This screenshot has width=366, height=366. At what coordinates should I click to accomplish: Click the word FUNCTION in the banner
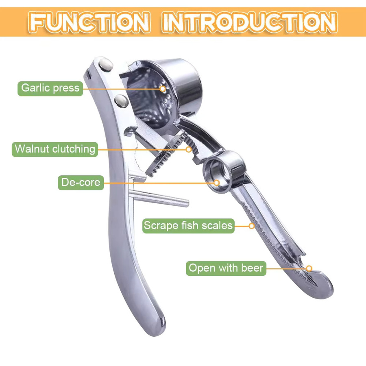pyautogui.click(x=89, y=22)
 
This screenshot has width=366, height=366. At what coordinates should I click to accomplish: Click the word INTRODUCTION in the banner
pyautogui.click(x=250, y=22)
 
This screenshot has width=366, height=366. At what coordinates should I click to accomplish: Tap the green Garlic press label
pyautogui.click(x=50, y=89)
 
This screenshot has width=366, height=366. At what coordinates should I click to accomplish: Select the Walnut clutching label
pyautogui.click(x=55, y=149)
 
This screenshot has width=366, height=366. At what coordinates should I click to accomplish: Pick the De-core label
pyautogui.click(x=81, y=183)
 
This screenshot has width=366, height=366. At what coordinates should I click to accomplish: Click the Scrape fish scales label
pyautogui.click(x=188, y=226)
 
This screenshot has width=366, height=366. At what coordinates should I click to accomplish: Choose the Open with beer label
pyautogui.click(x=226, y=268)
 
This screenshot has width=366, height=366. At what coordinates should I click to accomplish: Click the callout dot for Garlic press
pyautogui.click(x=163, y=89)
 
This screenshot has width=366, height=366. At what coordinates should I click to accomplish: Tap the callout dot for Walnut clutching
pyautogui.click(x=189, y=149)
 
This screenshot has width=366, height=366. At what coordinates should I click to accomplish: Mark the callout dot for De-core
pyautogui.click(x=217, y=183)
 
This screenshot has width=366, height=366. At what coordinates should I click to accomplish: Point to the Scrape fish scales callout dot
pyautogui.click(x=251, y=226)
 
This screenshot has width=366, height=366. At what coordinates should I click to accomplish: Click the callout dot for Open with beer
pyautogui.click(x=309, y=268)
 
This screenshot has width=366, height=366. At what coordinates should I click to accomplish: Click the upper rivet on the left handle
pyautogui.click(x=106, y=65)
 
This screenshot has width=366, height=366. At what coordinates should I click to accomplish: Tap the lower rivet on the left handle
pyautogui.click(x=121, y=101)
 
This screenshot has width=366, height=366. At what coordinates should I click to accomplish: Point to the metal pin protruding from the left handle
pyautogui.click(x=159, y=198)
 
